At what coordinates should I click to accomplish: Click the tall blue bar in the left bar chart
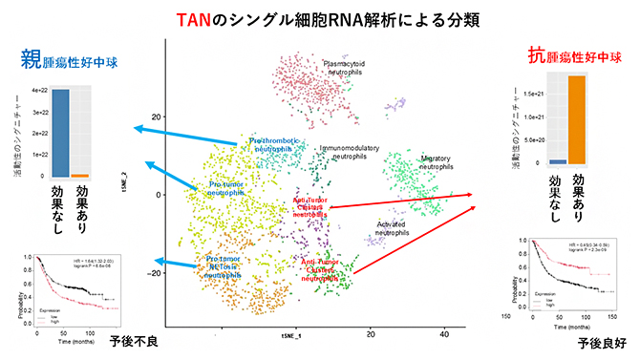[60, 133]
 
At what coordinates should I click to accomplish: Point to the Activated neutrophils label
[393, 227]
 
